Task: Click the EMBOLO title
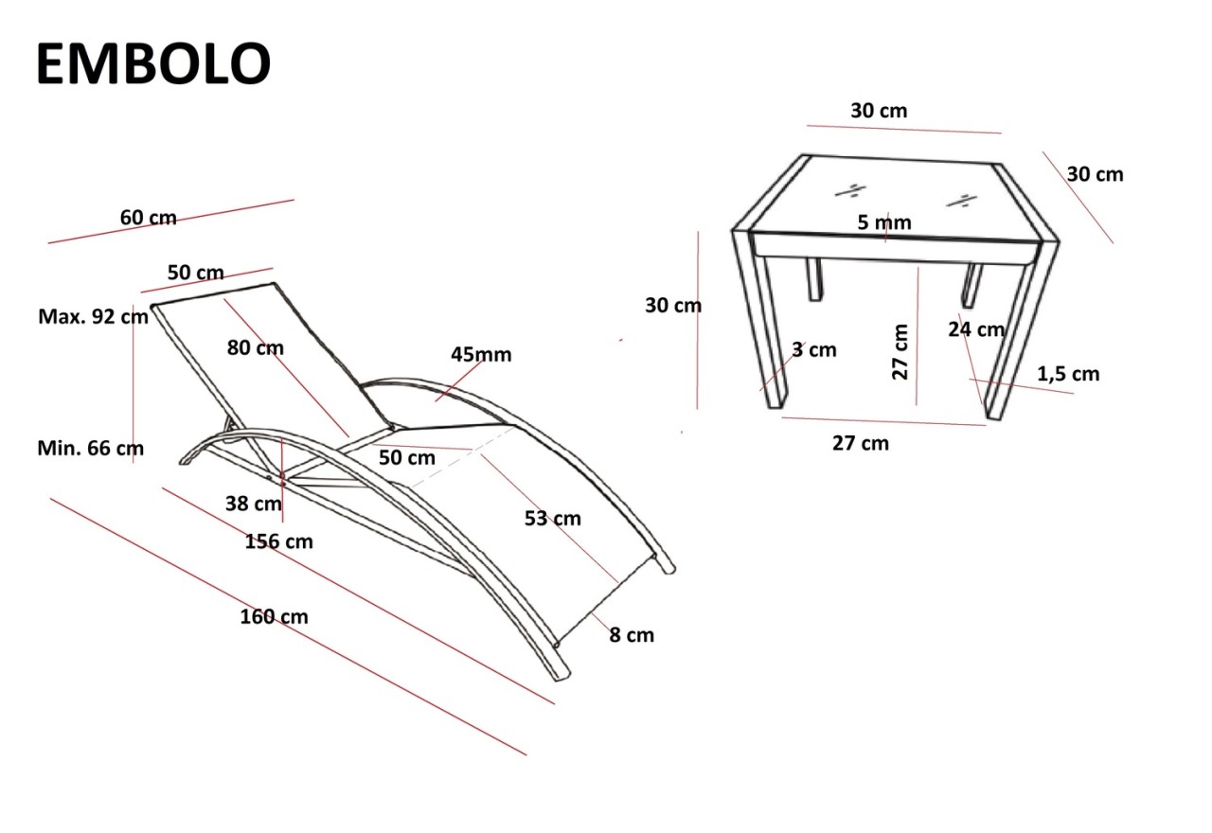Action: click(153, 65)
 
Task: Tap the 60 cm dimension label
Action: click(148, 218)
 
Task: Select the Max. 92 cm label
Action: click(93, 316)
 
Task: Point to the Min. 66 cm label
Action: click(91, 448)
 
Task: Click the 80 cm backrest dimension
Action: click(255, 347)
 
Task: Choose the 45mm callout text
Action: click(481, 355)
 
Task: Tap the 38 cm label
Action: click(253, 504)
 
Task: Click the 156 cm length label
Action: click(278, 541)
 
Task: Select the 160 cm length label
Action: click(274, 617)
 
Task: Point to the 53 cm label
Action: click(553, 519)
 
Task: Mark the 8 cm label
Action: click(631, 635)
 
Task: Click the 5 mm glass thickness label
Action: click(884, 222)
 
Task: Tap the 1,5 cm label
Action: click(1068, 374)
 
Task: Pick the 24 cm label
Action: click(976, 329)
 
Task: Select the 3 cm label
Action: click(814, 349)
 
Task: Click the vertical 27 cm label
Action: click(900, 351)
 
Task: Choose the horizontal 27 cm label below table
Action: click(860, 442)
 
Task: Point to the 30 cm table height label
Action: click(673, 306)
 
